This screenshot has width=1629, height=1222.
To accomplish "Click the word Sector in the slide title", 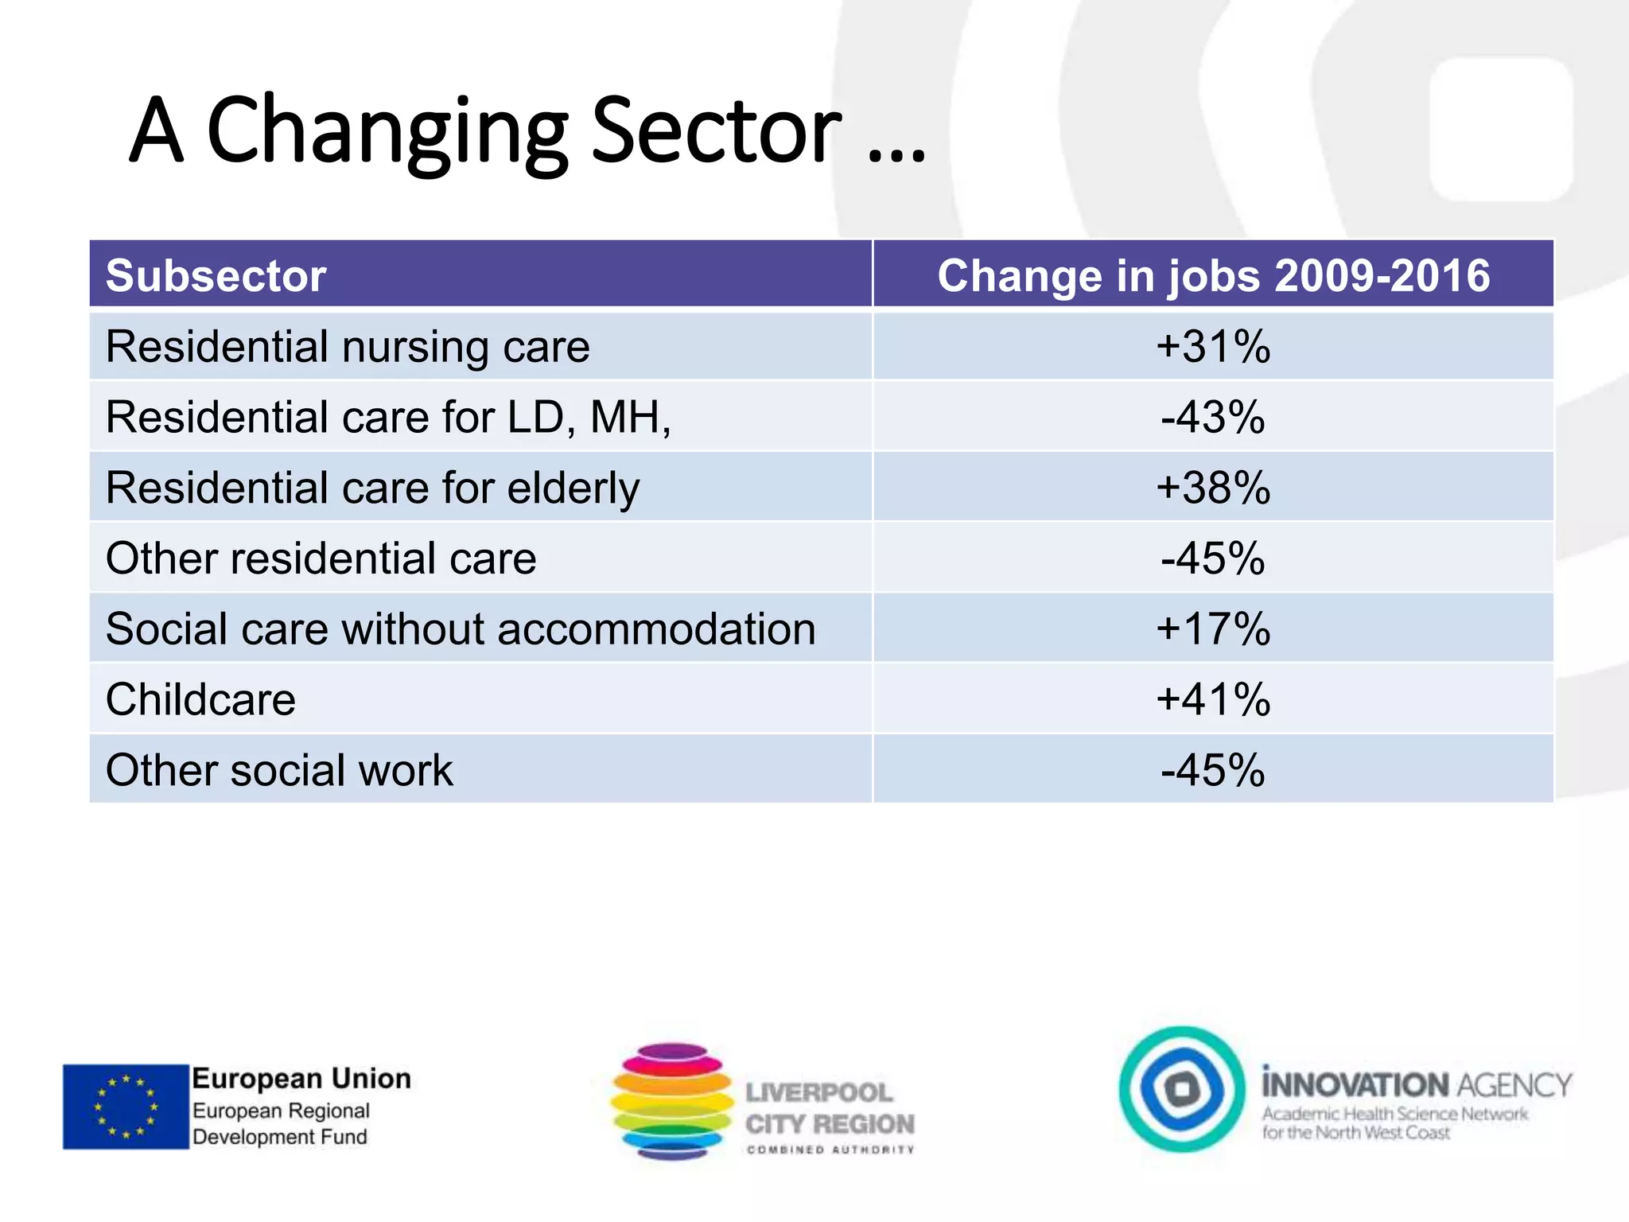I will pyautogui.click(x=716, y=131).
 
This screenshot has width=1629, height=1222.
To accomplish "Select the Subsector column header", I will pyautogui.click(x=216, y=276).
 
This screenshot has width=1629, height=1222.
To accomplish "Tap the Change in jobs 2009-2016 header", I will pyautogui.click(x=1213, y=276).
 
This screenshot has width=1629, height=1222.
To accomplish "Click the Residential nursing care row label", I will pyautogui.click(x=348, y=347).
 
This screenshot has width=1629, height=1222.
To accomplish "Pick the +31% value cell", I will pyautogui.click(x=1213, y=347).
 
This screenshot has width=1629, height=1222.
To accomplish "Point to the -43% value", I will pyautogui.click(x=1213, y=417).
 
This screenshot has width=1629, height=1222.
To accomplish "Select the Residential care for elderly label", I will pyautogui.click(x=372, y=488).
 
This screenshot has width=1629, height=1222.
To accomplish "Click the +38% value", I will pyautogui.click(x=1213, y=488).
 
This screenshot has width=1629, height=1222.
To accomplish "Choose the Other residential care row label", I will pyautogui.click(x=321, y=558).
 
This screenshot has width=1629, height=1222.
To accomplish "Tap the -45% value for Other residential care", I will pyautogui.click(x=1213, y=558).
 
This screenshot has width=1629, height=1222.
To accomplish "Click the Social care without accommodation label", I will pyautogui.click(x=461, y=629).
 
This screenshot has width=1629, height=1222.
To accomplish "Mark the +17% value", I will pyautogui.click(x=1213, y=629).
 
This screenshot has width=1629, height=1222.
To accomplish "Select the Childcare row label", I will pyautogui.click(x=200, y=700).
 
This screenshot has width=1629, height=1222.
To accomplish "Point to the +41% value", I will pyautogui.click(x=1213, y=700).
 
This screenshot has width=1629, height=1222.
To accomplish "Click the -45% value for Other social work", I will pyautogui.click(x=1213, y=770).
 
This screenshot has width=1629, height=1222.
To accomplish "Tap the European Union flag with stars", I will pyautogui.click(x=126, y=1106).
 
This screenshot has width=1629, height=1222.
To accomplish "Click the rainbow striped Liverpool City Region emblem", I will pyautogui.click(x=672, y=1102).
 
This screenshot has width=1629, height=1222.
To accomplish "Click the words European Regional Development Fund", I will pyautogui.click(x=281, y=1123).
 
